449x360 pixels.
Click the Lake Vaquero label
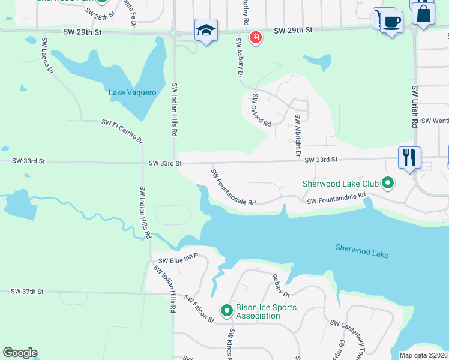(x=132, y=92)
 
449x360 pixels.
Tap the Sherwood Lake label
(x=361, y=251)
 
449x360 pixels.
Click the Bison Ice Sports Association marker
(x=226, y=310)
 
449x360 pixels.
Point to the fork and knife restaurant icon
(x=409, y=158)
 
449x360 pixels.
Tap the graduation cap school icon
(x=206, y=30)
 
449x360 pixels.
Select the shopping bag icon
(x=423, y=13)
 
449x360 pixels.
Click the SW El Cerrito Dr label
(x=122, y=131)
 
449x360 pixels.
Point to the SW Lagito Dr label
(x=47, y=56)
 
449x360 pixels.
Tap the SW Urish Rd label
(x=415, y=106)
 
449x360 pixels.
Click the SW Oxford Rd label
(x=262, y=110)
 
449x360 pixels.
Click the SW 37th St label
(x=28, y=291)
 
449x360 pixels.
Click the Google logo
(x=20, y=353)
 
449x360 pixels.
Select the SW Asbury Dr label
(x=238, y=58)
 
